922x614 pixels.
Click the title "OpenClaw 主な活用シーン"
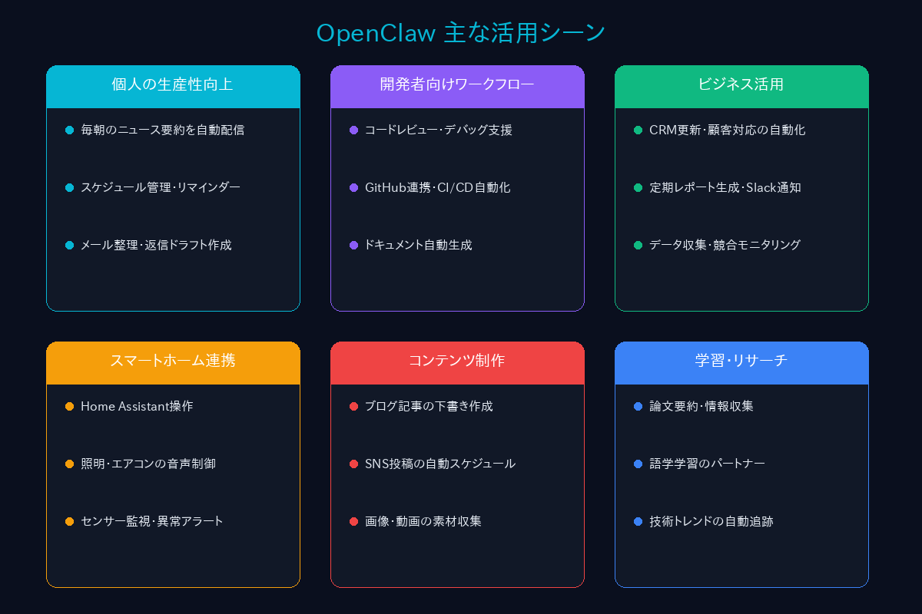pos(461,33)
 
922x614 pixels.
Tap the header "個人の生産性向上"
pos(173,84)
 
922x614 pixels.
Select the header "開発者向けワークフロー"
pos(457,84)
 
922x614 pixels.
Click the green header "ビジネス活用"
pos(741,84)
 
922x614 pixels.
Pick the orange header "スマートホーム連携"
pos(173,361)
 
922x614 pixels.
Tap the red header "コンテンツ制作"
pos(457,361)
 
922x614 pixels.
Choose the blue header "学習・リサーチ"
pos(741,361)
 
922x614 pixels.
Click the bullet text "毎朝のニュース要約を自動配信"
pos(163,130)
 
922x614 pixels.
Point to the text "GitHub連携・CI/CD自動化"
pos(437,187)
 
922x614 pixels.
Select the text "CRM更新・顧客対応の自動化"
pos(727,130)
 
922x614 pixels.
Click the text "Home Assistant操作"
pos(137,406)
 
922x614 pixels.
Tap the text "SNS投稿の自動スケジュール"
pos(440,464)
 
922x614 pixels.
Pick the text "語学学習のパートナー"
pos(707,464)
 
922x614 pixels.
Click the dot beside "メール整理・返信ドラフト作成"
pos(69,245)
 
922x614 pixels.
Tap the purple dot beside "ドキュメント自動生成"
pos(353,245)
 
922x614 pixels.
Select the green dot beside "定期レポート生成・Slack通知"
pos(638,187)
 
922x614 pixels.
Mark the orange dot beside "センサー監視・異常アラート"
pos(69,521)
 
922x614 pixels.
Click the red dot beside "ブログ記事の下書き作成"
pos(353,406)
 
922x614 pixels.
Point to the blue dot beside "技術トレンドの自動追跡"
pos(638,521)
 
